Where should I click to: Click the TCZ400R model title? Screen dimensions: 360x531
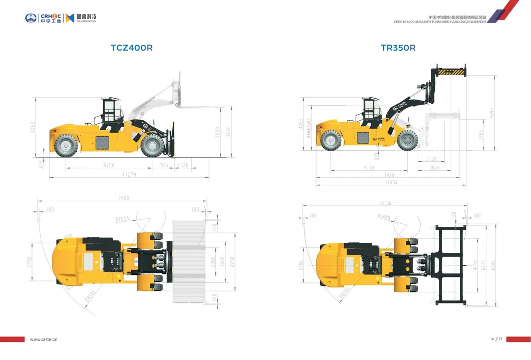click(131, 48)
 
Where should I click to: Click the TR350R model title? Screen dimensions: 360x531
click(398, 48)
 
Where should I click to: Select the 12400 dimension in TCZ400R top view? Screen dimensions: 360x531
click(122, 198)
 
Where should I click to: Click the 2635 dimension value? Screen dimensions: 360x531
click(434, 168)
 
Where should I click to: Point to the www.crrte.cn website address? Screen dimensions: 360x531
click(44, 339)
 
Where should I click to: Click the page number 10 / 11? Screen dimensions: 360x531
click(496, 339)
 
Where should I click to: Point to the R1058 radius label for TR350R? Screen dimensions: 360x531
click(384, 216)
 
